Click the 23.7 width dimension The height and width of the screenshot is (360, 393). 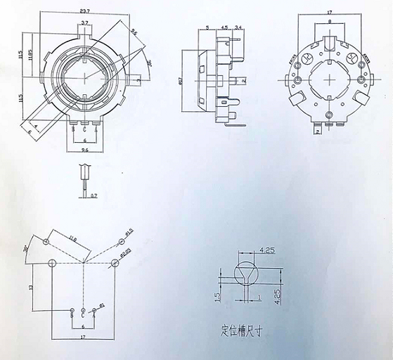(84, 11)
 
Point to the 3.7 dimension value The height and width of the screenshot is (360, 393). (84, 24)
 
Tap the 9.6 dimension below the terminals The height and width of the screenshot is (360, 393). (84, 150)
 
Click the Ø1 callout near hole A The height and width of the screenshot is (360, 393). (103, 304)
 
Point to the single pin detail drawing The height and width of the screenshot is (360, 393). (85, 176)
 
